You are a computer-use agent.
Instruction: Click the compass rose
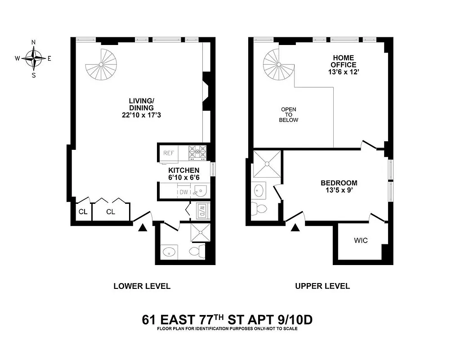click(x=34, y=58)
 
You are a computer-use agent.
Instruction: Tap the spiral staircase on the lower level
click(x=101, y=65)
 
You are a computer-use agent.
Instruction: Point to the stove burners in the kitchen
click(x=197, y=153)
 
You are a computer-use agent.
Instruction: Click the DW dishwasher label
click(x=183, y=192)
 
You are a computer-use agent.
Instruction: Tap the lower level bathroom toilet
click(x=197, y=251)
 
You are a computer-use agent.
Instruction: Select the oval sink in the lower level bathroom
click(x=170, y=252)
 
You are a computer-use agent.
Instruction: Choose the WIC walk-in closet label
click(x=361, y=241)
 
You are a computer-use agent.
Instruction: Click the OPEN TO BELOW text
click(x=288, y=115)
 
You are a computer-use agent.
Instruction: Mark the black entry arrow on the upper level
click(x=295, y=228)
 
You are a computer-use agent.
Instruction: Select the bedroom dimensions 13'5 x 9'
click(x=339, y=191)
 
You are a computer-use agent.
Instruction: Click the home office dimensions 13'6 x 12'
click(x=344, y=72)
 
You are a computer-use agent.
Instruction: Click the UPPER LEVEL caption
click(x=322, y=286)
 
